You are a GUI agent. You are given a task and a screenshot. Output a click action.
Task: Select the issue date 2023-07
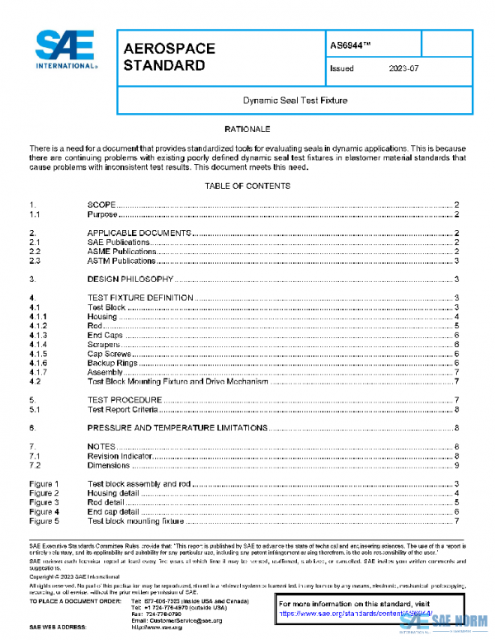(403, 69)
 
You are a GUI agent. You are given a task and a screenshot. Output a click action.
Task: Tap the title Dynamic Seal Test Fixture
(295, 101)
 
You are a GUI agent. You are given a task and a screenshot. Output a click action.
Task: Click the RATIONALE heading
(247, 129)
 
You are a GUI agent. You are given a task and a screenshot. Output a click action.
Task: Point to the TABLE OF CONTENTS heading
(247, 186)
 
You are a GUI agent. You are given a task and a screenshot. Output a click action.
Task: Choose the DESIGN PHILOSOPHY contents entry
(130, 279)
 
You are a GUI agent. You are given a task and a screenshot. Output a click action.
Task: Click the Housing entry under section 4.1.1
(102, 317)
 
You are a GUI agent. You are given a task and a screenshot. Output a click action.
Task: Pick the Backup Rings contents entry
(111, 363)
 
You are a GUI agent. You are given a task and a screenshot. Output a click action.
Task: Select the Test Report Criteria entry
(122, 409)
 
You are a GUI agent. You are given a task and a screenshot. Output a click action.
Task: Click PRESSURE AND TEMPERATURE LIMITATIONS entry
(177, 428)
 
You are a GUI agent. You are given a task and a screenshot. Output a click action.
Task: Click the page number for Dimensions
(456, 465)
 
